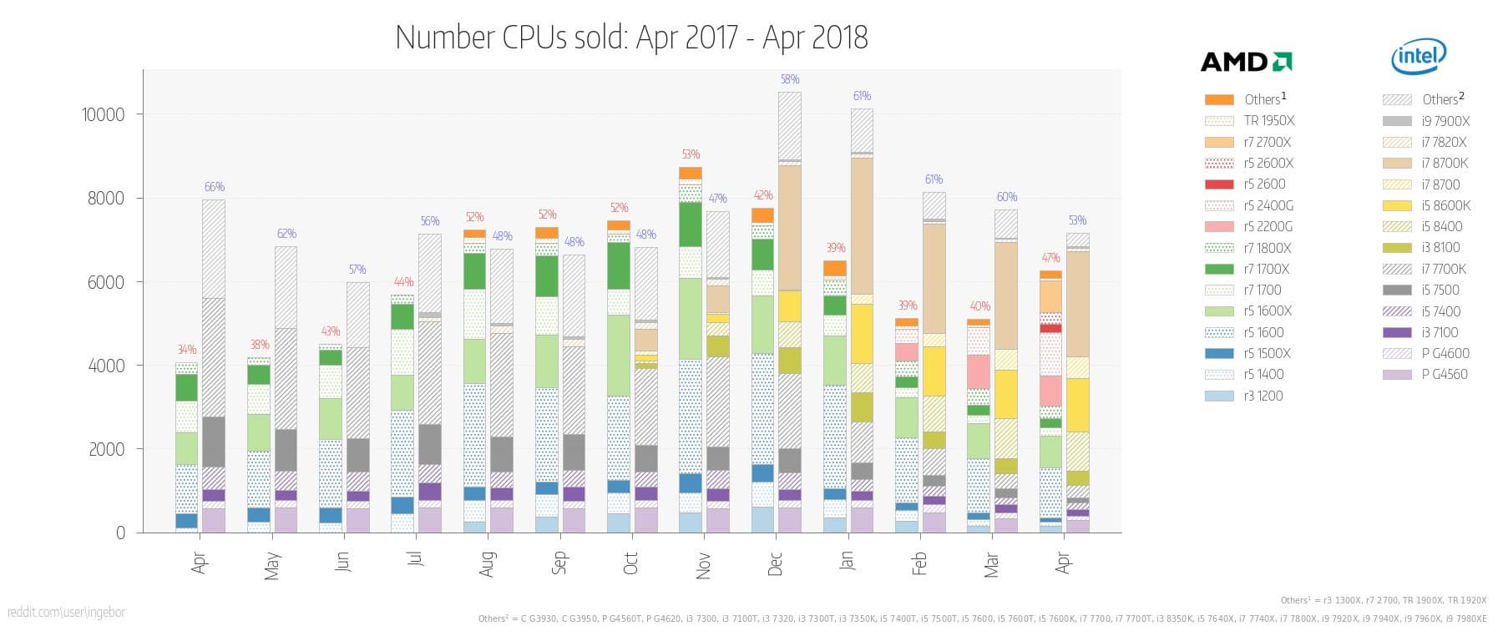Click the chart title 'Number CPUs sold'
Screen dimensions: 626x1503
pos(631,38)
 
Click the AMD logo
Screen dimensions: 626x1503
pos(1246,61)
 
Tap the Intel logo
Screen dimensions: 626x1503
pos(1419,56)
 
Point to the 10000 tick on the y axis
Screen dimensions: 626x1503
pos(103,115)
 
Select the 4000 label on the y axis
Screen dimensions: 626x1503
pos(106,366)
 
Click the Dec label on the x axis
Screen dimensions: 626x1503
pos(775,563)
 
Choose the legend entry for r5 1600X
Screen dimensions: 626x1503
pos(1267,311)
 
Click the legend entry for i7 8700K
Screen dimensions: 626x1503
pos(1444,163)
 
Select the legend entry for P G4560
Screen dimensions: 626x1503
pos(1445,375)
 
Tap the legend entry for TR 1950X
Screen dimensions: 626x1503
pos(1268,121)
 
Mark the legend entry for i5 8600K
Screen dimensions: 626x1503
pos(1445,205)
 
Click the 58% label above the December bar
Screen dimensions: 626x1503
pos(790,79)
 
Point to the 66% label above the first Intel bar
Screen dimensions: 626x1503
pos(215,187)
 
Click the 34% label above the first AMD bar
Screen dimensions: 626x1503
pos(186,350)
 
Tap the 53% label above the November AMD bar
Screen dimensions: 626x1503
pos(691,154)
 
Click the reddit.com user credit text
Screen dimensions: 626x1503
pos(63,613)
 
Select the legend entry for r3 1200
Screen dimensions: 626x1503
pos(1263,396)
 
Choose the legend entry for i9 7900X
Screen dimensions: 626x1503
pos(1445,121)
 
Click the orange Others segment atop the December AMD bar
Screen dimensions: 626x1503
pos(762,215)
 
